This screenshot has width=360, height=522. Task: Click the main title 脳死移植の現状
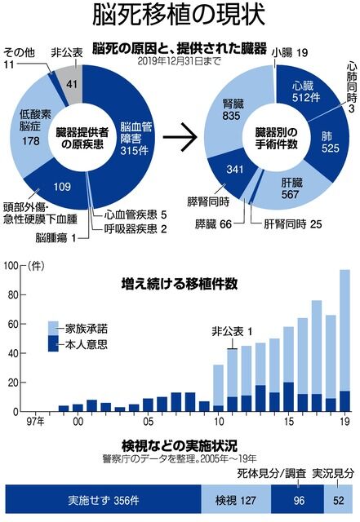click(179, 15)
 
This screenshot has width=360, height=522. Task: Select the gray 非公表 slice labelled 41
click(71, 83)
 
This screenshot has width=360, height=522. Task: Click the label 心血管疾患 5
click(136, 215)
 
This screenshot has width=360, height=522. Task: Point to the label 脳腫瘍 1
click(56, 237)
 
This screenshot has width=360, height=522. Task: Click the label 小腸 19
click(289, 53)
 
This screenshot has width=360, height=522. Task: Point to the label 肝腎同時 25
click(293, 224)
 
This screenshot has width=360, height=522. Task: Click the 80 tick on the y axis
click(13, 295)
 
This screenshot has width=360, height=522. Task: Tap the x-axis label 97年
click(35, 422)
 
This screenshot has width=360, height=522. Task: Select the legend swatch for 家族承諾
click(53, 328)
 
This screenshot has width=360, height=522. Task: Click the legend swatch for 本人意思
click(53, 343)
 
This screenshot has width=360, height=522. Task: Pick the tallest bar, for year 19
click(345, 341)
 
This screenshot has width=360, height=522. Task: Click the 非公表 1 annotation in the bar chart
click(232, 332)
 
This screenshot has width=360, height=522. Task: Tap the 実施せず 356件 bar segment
click(104, 500)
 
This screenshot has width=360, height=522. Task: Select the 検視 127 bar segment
click(236, 500)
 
